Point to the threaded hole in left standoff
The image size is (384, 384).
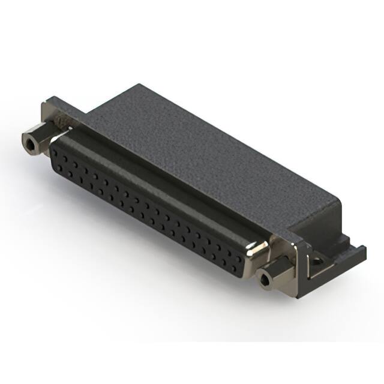pyautogui.click(x=29, y=144)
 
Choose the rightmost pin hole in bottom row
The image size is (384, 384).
pyautogui.click(x=235, y=262)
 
